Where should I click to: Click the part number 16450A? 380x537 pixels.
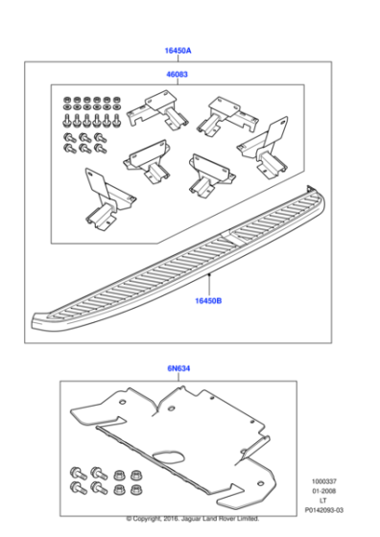point(178,50)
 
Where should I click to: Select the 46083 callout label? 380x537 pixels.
point(178,73)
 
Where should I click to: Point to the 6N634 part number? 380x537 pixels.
point(178,368)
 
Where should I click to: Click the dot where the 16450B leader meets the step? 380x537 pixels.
point(208,274)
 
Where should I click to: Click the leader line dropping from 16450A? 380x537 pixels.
point(178,58)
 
